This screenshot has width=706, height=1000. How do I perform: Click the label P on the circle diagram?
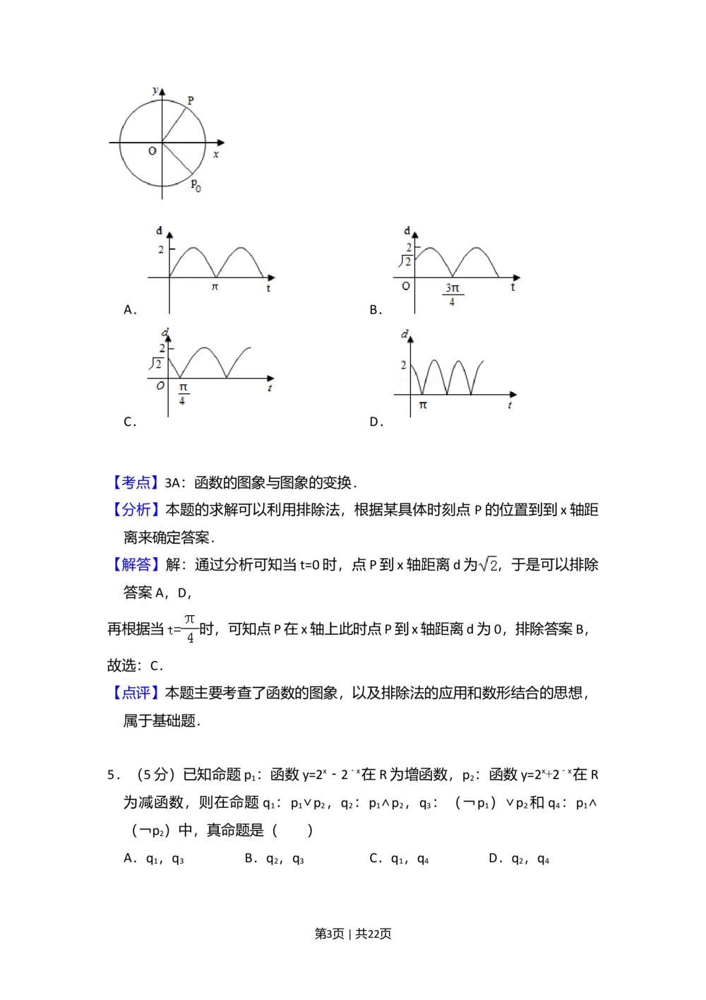tap(191, 101)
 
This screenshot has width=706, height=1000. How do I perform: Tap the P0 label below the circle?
tap(196, 186)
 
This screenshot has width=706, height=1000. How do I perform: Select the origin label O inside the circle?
tap(152, 151)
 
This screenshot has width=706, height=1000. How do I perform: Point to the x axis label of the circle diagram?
tap(216, 154)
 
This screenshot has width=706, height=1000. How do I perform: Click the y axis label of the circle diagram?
tap(155, 90)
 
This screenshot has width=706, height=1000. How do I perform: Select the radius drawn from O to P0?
tap(177, 158)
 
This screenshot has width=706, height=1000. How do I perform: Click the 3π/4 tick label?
tap(452, 294)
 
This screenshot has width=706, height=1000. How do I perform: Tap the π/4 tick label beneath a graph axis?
tap(182, 394)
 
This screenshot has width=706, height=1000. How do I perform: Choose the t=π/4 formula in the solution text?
tap(184, 629)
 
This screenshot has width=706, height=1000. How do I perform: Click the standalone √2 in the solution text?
tap(486, 565)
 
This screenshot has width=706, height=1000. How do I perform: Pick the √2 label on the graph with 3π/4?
tap(405, 262)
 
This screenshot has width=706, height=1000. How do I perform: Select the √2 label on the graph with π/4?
tap(156, 364)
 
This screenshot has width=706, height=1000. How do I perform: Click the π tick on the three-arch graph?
tap(423, 405)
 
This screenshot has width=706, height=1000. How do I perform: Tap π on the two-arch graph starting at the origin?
tap(215, 287)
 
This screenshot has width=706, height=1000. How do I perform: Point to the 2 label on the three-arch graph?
tap(403, 365)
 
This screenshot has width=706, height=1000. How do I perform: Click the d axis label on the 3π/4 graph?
tap(407, 230)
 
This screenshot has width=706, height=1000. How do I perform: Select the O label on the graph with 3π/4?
tap(405, 286)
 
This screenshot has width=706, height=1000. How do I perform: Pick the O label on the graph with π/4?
tap(160, 386)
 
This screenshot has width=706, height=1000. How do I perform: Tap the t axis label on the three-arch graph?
tap(510, 405)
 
